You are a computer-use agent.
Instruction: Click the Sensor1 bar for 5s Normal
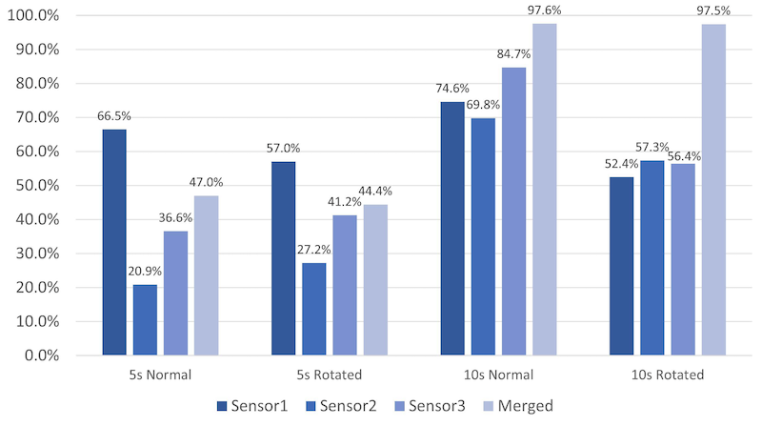pyautogui.click(x=114, y=242)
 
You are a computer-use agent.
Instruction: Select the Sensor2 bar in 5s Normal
pyautogui.click(x=145, y=319)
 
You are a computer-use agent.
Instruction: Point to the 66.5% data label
pyautogui.click(x=114, y=116)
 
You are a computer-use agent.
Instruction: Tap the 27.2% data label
pyautogui.click(x=315, y=250)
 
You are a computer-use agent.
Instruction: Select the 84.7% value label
pyautogui.click(x=514, y=54)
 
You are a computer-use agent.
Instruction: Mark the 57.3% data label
pyautogui.click(x=653, y=148)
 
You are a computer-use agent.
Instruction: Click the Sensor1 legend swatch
pyautogui.click(x=222, y=407)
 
